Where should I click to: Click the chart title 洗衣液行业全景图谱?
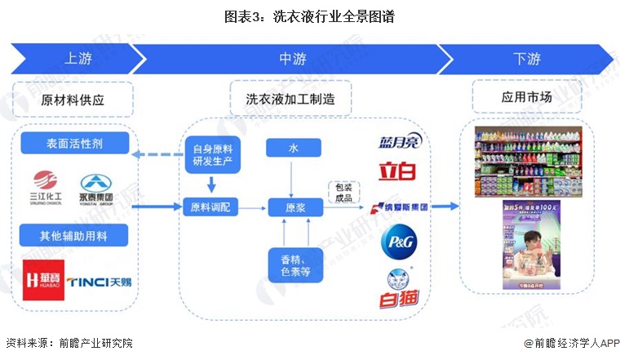click(x=309, y=15)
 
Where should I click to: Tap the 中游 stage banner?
click(x=290, y=59)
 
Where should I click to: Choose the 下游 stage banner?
click(x=526, y=59)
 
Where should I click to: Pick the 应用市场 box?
click(x=526, y=97)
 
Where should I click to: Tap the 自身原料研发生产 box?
click(x=213, y=154)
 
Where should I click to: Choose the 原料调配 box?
click(x=210, y=207)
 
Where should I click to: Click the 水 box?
click(x=293, y=149)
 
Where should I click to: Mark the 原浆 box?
click(x=293, y=207)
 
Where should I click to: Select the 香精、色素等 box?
click(x=293, y=266)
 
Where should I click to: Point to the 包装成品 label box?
click(x=344, y=193)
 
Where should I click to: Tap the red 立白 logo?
click(x=397, y=172)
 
